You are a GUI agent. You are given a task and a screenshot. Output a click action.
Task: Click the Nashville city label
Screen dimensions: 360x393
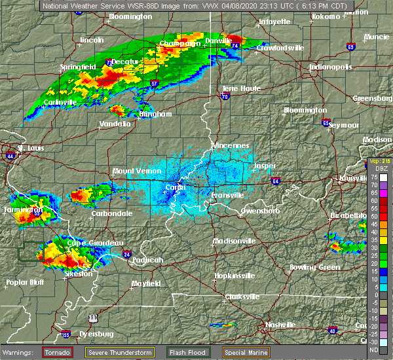pos(280,325)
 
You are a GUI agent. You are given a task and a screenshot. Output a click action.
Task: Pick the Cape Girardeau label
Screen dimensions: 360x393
pos(86,243)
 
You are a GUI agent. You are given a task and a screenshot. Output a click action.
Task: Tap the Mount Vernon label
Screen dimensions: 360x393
pos(133,171)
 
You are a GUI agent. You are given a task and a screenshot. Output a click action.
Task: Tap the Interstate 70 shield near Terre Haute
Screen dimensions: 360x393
pos(225,96)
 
